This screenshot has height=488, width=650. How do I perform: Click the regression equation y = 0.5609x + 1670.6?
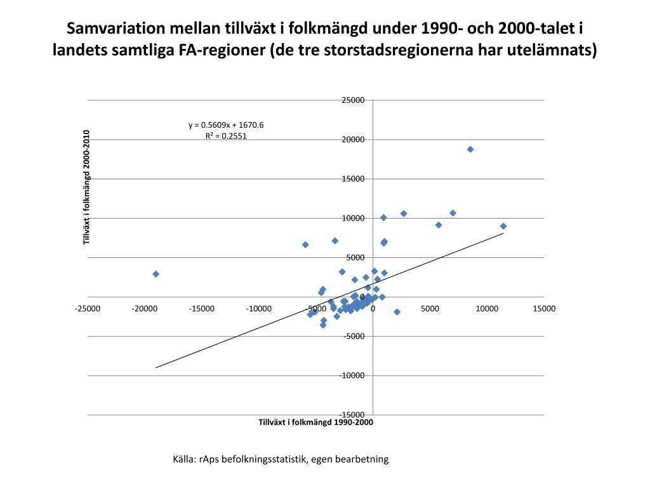pos(226,125)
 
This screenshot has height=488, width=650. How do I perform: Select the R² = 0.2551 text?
pos(226,135)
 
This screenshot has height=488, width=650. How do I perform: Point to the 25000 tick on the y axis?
pos(354,100)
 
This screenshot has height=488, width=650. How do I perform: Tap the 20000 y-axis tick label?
pos(354,140)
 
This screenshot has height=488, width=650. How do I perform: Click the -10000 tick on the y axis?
pos(352,376)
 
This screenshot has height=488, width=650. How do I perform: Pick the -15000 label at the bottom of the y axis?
pos(352,414)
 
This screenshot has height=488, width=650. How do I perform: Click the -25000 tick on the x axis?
pos(88,309)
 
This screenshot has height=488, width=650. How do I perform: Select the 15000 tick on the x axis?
pos(544,309)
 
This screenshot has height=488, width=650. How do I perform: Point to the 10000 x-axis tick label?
pos(487,309)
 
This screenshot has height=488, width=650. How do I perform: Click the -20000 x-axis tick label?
pos(145,309)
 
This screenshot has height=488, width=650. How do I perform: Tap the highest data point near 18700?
pos(470,149)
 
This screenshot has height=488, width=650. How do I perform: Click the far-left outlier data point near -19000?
pos(156,274)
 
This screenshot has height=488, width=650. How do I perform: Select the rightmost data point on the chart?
pos(503,226)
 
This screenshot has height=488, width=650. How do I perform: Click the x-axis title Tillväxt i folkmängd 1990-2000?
pos(315,423)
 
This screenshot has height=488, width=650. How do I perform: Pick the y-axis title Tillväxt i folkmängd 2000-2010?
pos(87,188)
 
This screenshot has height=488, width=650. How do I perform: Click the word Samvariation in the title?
pos(116,29)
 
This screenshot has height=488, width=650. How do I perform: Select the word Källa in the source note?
pos(184,459)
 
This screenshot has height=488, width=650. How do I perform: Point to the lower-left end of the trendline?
pos(156,367)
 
